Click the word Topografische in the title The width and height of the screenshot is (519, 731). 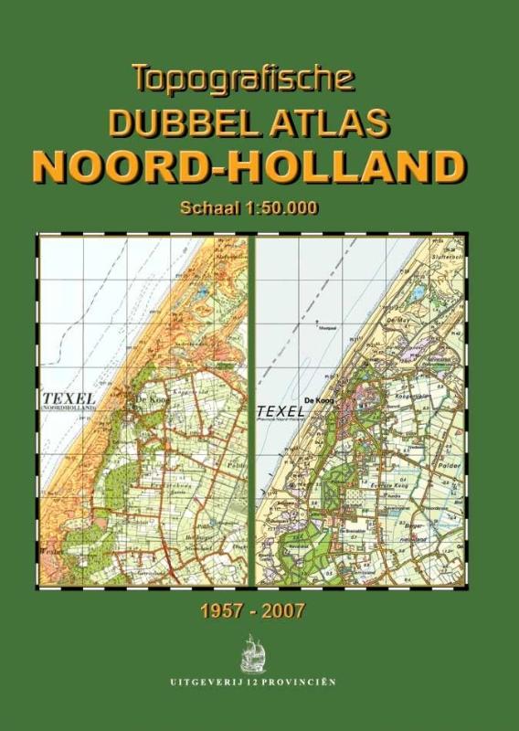pyautogui.click(x=242, y=79)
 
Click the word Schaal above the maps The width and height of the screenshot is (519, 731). pyautogui.click(x=209, y=208)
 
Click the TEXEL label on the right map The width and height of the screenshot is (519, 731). pyautogui.click(x=283, y=412)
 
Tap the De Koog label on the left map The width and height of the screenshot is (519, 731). pyautogui.click(x=151, y=398)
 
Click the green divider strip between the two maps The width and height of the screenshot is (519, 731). pyautogui.click(x=251, y=411)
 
